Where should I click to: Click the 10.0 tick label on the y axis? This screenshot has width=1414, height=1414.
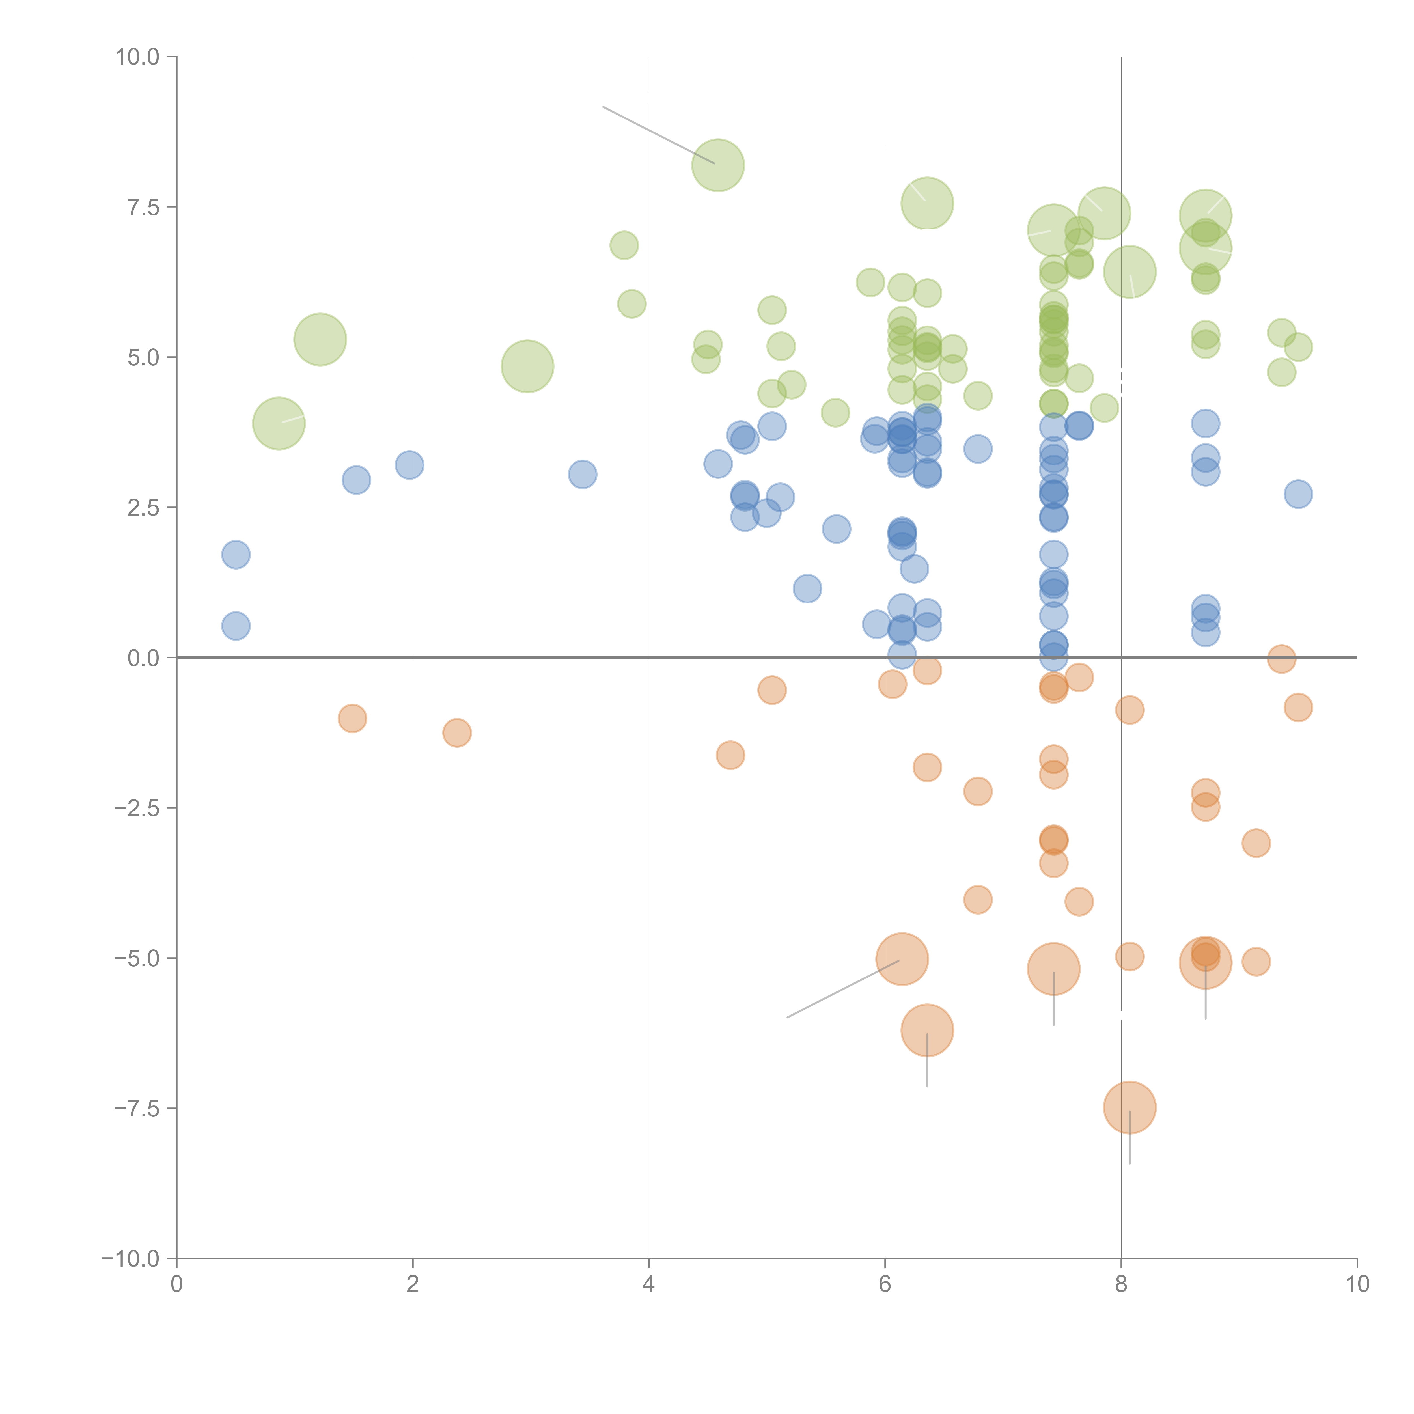138,57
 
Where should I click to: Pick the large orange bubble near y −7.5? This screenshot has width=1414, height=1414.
1129,1107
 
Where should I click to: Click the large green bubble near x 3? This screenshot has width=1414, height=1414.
527,366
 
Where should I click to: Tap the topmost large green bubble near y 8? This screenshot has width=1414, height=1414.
718,165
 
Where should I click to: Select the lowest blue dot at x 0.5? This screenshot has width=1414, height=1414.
236,626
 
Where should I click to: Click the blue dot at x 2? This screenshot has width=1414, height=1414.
409,465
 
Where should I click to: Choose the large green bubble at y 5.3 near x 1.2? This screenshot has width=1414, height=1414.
320,339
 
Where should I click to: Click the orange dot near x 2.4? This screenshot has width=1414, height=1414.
457,733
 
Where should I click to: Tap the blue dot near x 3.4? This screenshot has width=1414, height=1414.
583,474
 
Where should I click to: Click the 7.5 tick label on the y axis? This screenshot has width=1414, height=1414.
143,207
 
